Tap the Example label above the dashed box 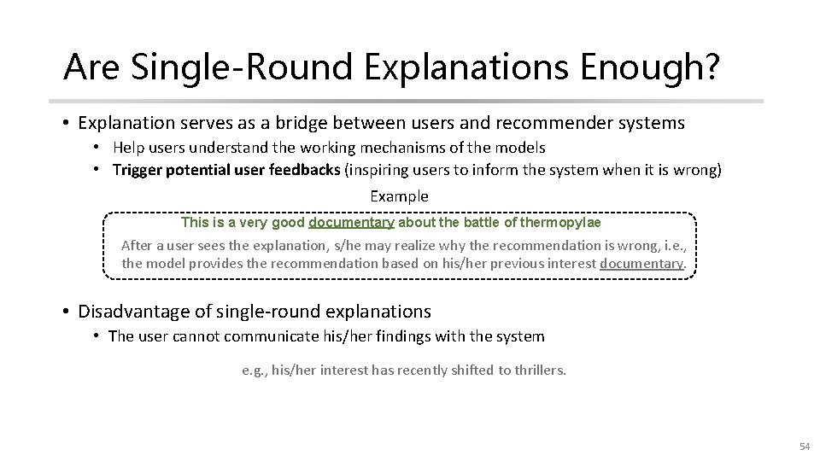point(399,196)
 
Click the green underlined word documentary point(351,223)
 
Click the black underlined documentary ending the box point(641,263)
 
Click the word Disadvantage point(136,312)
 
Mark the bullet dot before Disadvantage point(67,312)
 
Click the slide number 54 point(804,446)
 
